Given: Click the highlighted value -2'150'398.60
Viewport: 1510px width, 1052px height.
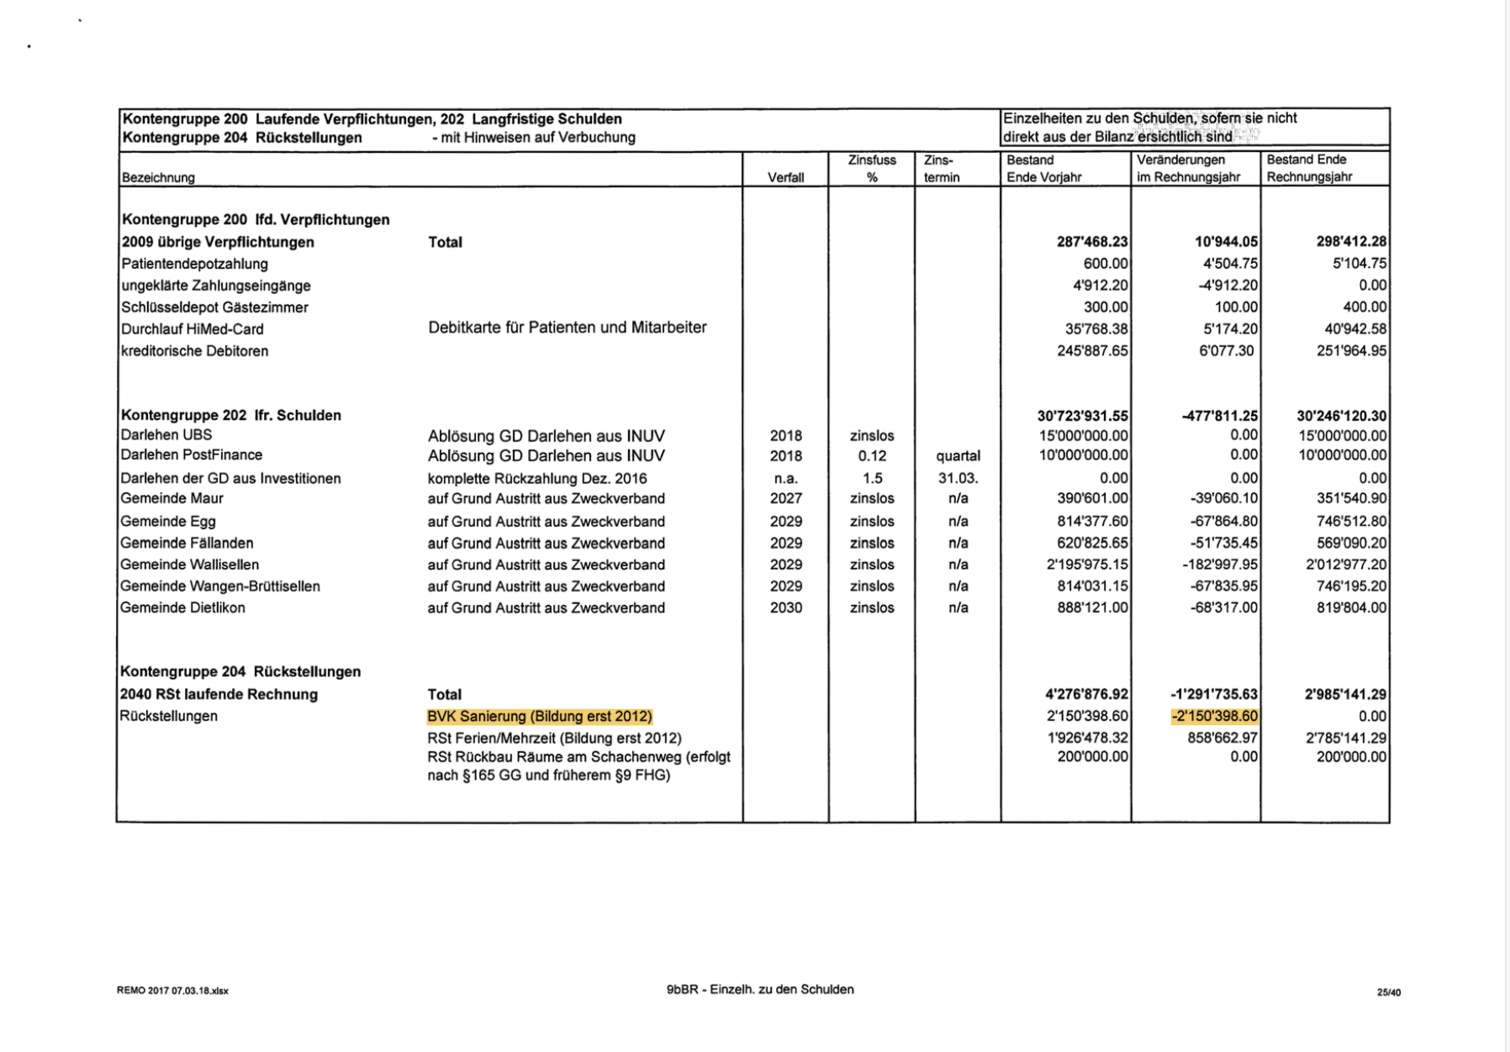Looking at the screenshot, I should click(1215, 717).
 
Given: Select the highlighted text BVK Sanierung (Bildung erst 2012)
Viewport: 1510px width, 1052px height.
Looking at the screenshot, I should click(540, 717).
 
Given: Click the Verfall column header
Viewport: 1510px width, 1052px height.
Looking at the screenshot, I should click(785, 177).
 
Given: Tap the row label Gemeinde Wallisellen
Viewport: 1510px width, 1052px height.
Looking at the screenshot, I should click(189, 565).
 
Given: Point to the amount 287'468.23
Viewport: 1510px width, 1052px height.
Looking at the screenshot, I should click(1092, 242).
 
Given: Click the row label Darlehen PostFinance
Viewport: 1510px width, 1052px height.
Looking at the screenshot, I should click(191, 455).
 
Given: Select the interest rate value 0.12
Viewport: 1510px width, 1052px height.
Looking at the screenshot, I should click(872, 456).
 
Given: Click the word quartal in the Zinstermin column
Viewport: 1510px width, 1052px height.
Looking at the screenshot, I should click(958, 456).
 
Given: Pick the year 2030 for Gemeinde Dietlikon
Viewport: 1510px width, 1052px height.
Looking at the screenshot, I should click(786, 608).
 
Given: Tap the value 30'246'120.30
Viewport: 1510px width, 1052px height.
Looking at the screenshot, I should click(1341, 416).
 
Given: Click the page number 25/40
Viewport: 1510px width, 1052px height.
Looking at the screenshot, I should click(1389, 992).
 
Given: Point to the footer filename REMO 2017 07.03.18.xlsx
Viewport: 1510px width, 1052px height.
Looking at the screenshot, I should click(172, 991).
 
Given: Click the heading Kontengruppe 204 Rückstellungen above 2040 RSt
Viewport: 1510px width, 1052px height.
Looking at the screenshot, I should click(240, 671).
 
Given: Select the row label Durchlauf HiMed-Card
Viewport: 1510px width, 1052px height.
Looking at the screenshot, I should click(193, 329).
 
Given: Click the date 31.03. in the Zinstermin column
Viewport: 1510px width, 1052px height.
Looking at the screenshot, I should click(958, 478).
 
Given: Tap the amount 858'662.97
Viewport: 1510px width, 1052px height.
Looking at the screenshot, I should click(1222, 738).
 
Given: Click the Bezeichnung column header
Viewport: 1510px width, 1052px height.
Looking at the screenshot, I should click(158, 177).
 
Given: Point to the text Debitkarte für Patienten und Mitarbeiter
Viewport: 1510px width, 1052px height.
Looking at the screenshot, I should click(568, 328).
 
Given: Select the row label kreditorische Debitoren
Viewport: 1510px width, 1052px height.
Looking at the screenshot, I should click(195, 351).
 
